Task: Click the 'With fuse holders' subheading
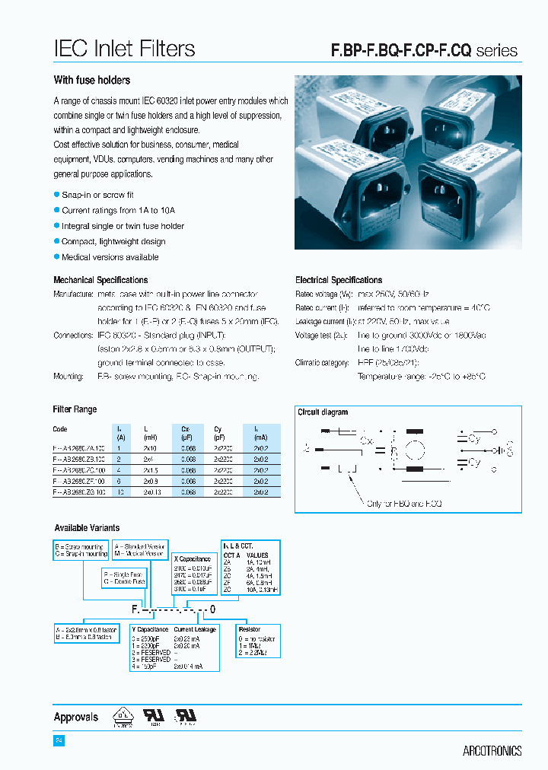pos(91,80)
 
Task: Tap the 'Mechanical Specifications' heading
pos(100,280)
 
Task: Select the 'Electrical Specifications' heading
pos(339,280)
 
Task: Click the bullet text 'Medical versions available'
pos(110,257)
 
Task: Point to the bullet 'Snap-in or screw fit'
pos(97,195)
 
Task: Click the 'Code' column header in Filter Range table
pos(60,429)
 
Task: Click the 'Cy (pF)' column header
pos(218,433)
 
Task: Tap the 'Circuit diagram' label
pos(323,412)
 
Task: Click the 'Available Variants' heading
pos(87,527)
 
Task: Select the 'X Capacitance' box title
pos(192,558)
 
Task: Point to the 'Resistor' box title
pos(249,629)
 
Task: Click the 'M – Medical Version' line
pos(139,554)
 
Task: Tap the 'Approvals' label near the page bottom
pos(76,717)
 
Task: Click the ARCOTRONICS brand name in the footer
pos(492,751)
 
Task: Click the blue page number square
pos(59,740)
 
